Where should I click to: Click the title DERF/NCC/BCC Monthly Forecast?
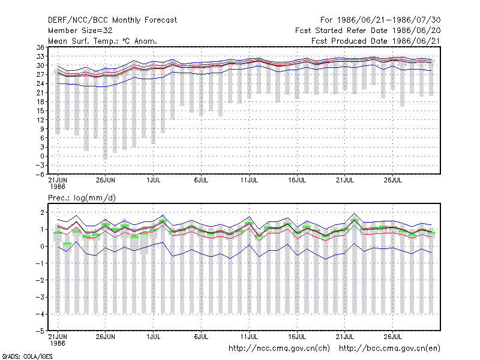pyautogui.click(x=112, y=20)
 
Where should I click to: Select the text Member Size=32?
pyautogui.click(x=80, y=31)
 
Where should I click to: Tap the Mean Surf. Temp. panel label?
pyautogui.click(x=103, y=41)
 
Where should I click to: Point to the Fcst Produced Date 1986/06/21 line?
pyautogui.click(x=376, y=41)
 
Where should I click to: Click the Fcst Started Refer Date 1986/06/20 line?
pyautogui.click(x=368, y=31)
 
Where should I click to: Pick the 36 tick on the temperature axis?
pyautogui.click(x=40, y=47)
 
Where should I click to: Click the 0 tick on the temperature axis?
pyautogui.click(x=42, y=156)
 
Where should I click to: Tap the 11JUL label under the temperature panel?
pyautogui.click(x=249, y=180)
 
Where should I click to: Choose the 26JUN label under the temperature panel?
pyautogui.click(x=106, y=180)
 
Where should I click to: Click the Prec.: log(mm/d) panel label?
pyautogui.click(x=82, y=198)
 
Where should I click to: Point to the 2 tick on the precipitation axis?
pyautogui.click(x=42, y=212)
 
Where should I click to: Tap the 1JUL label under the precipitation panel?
pyautogui.click(x=154, y=337)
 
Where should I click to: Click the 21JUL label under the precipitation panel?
pyautogui.click(x=345, y=337)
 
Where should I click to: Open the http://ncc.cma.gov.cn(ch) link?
pyautogui.click(x=279, y=349)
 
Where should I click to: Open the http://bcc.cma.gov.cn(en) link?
pyautogui.click(x=389, y=349)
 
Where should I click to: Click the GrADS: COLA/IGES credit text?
pyautogui.click(x=27, y=356)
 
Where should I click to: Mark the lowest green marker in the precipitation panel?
pyautogui.click(x=67, y=244)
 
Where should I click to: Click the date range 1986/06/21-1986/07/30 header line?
pyautogui.click(x=380, y=20)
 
